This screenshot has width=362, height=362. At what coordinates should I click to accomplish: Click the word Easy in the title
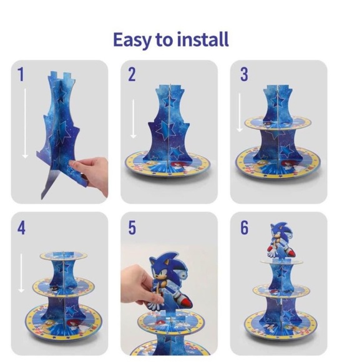(x=132, y=39)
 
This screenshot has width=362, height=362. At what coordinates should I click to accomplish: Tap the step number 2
(x=132, y=75)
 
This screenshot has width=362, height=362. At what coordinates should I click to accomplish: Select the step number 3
(x=244, y=75)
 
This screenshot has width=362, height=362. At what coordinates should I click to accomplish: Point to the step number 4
(x=21, y=228)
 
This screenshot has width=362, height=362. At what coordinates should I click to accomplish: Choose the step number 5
(x=132, y=228)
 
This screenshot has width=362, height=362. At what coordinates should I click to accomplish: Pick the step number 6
(x=244, y=228)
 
